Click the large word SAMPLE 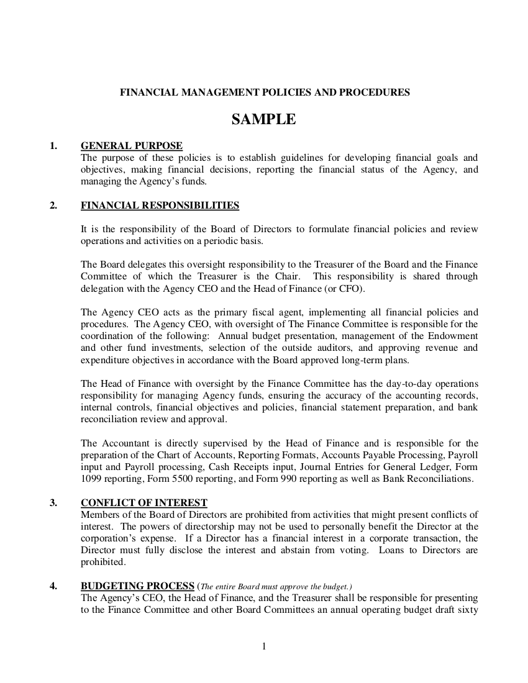tap(264, 120)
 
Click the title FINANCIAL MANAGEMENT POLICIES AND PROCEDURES tap(265, 93)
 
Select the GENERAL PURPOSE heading tap(132, 146)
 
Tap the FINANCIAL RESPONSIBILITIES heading tap(160, 206)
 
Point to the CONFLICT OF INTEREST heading tap(144, 502)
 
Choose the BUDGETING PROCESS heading tap(137, 586)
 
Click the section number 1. tap(53, 146)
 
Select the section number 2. tap(53, 206)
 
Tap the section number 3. tap(53, 502)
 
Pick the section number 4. tap(53, 586)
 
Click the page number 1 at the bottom tap(264, 648)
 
